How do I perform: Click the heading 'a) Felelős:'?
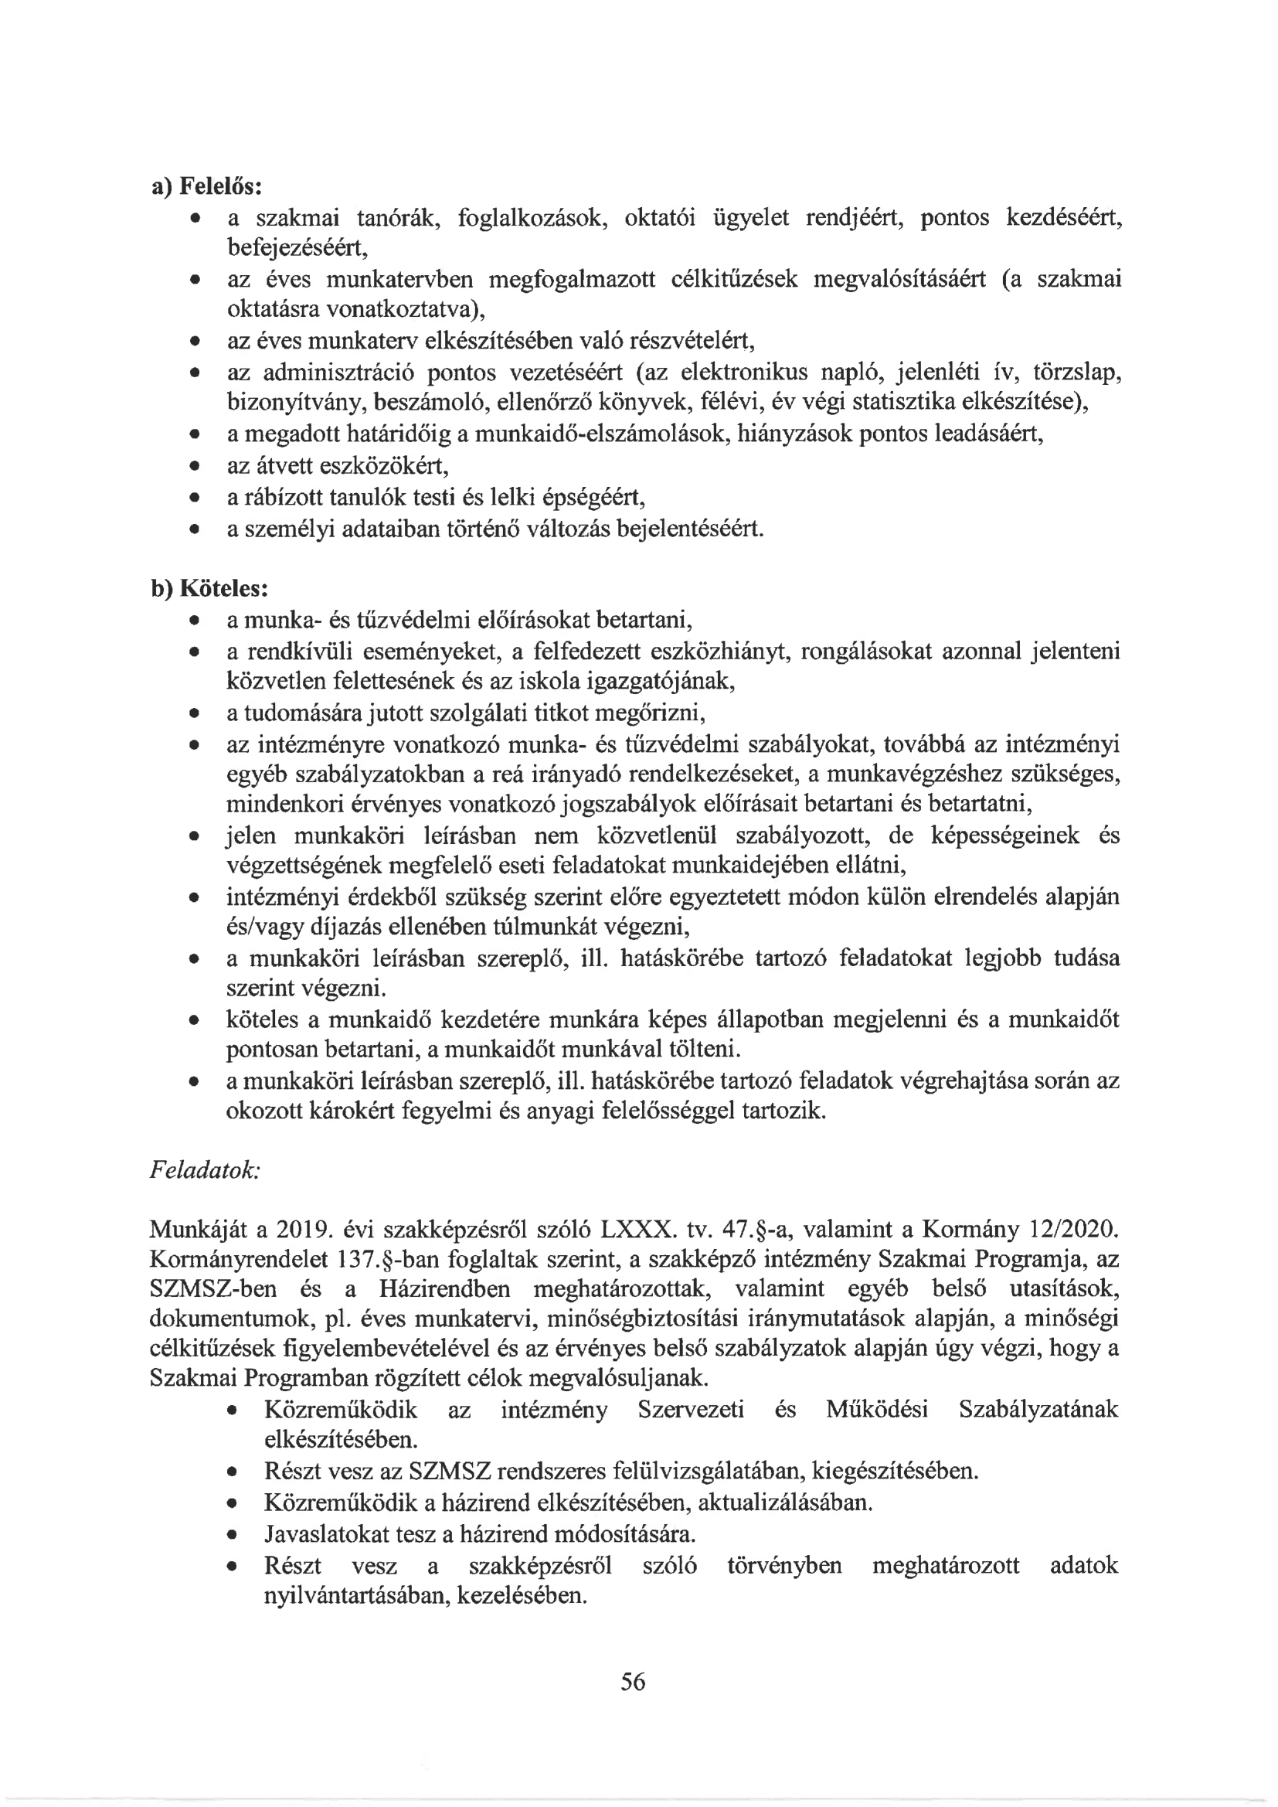pyautogui.click(x=206, y=185)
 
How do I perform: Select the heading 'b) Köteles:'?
pyautogui.click(x=209, y=589)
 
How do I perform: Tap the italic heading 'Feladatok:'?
pyautogui.click(x=205, y=1170)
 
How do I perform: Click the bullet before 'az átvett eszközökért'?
pyautogui.click(x=194, y=467)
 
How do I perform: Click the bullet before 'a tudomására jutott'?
pyautogui.click(x=194, y=714)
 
